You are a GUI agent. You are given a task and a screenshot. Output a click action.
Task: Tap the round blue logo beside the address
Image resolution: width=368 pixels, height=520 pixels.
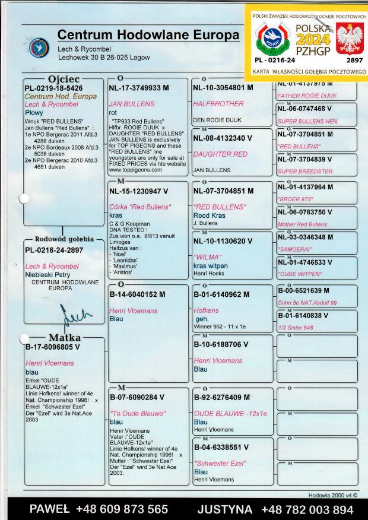39,48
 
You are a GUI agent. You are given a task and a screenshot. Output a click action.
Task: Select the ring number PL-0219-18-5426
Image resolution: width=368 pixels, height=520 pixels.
53,88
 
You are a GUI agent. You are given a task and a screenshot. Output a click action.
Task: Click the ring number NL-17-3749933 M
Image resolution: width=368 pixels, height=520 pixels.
139,88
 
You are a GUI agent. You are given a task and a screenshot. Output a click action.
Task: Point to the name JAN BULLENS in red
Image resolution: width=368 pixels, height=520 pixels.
132,104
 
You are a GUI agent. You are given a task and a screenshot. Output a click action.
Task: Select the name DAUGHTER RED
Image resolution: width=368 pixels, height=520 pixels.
221,154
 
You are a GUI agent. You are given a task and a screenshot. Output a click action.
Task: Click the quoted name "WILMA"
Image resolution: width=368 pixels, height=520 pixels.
207,257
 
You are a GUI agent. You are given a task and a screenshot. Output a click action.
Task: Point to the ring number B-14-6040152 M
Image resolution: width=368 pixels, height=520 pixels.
138,294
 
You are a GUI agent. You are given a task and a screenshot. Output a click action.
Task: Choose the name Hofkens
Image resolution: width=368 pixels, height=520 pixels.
207,310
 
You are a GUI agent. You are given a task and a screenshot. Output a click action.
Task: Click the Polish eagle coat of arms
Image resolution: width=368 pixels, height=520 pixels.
348,39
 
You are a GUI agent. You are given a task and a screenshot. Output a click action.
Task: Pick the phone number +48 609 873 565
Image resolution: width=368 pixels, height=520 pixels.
122,509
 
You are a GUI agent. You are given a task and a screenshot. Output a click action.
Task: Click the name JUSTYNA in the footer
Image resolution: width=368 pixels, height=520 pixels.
225,509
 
